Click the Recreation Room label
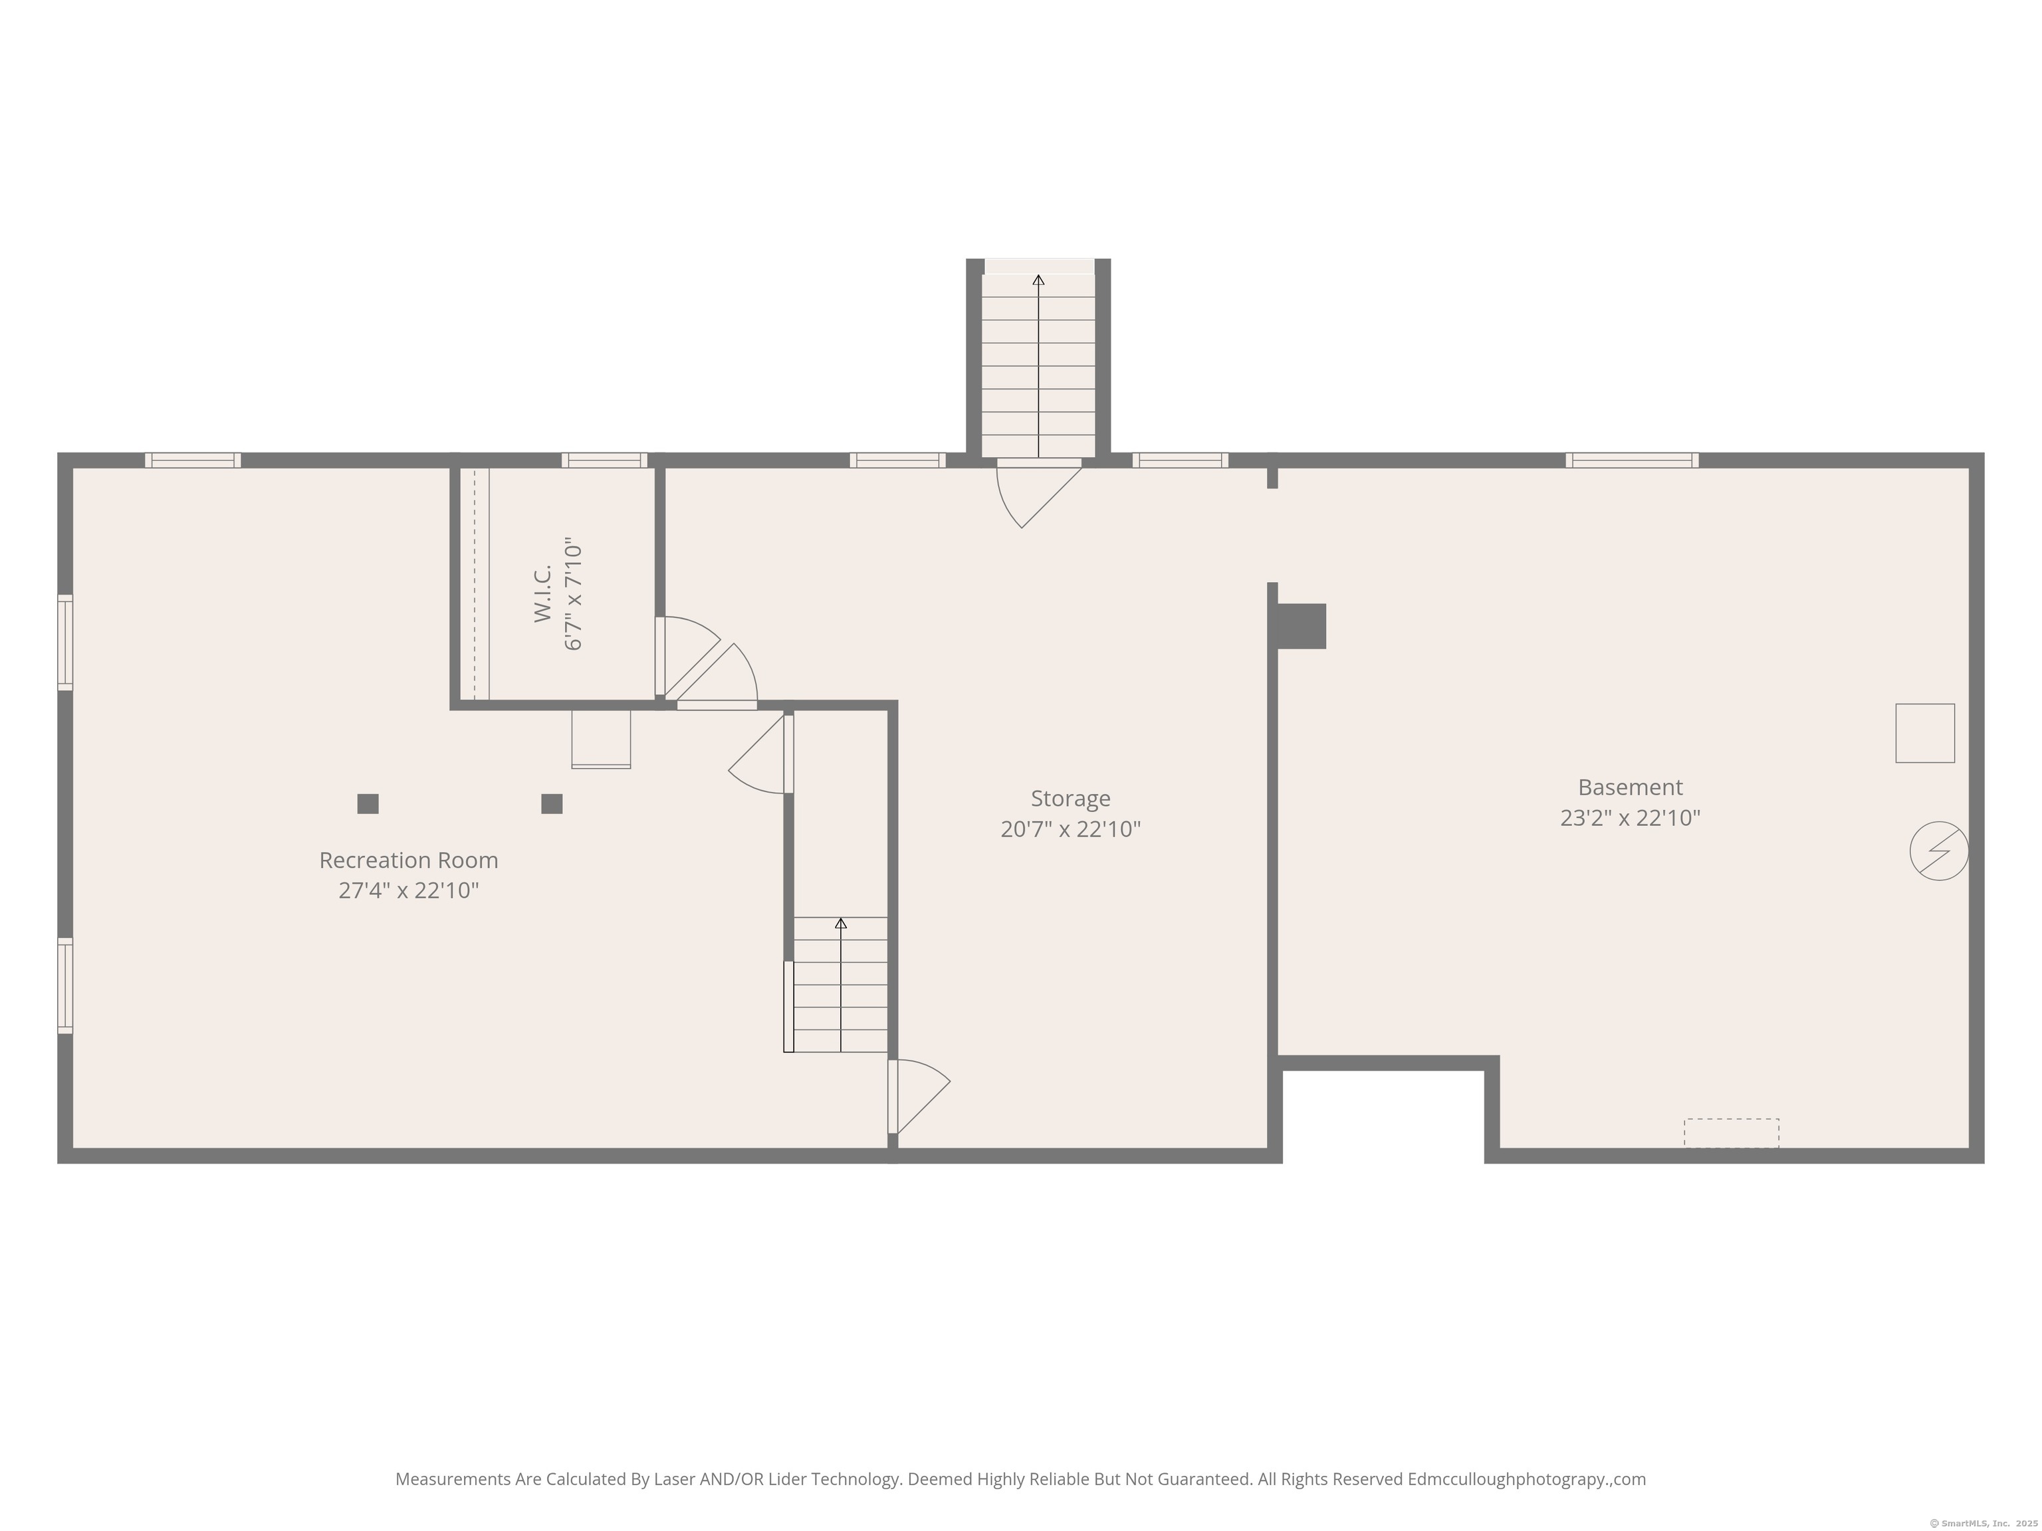pos(408,860)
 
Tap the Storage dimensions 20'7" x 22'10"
pos(1070,829)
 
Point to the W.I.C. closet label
pos(543,593)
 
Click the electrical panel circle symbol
pos(1938,851)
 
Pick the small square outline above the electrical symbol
pos(1925,733)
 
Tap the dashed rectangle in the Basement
pos(1731,1132)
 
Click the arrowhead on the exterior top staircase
pos(1038,280)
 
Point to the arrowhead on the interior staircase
pos(840,923)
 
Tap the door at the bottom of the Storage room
pos(919,1096)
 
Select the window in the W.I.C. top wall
pos(605,460)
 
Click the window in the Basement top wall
pos(1631,460)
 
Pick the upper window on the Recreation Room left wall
pos(64,643)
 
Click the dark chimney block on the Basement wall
pos(1302,626)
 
